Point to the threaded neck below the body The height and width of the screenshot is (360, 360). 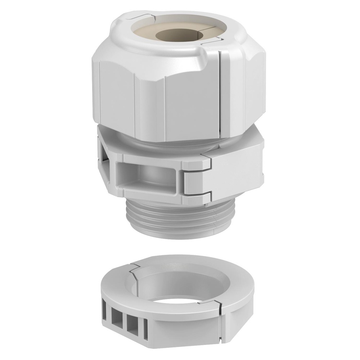(x=169, y=218)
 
